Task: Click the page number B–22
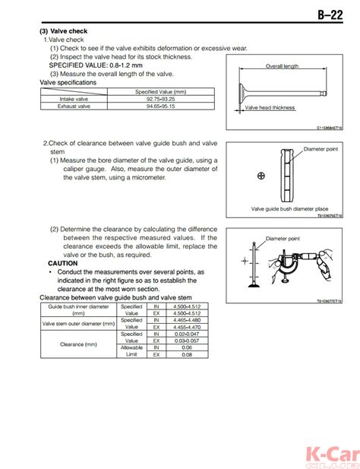[x=334, y=14]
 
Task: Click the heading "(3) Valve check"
[x=64, y=31]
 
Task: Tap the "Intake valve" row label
[x=74, y=99]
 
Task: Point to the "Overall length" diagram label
[x=282, y=67]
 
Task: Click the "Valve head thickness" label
[x=270, y=108]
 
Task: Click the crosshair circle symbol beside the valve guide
[x=261, y=176]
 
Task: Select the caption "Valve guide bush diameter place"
[x=289, y=208]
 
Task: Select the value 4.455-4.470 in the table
[x=188, y=327]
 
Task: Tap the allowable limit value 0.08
[x=188, y=354]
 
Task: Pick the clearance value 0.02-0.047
[x=188, y=334]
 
